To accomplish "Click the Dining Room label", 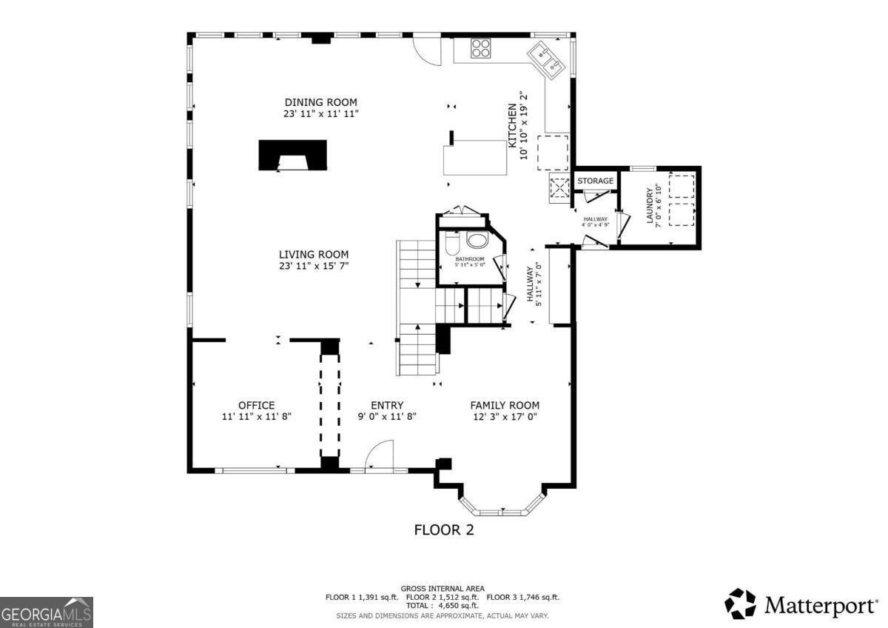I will (x=320, y=102).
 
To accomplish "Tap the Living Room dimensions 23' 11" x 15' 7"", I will (x=313, y=266).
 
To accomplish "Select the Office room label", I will (x=256, y=405).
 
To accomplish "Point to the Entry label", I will (x=386, y=405).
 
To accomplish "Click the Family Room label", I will (x=505, y=405).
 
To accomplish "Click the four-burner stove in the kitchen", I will (x=481, y=48).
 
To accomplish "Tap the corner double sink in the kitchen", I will (x=547, y=59).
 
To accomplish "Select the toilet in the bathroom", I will (x=453, y=242).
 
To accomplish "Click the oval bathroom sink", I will (x=478, y=241).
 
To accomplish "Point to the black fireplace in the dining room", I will (x=292, y=156).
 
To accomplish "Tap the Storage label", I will (x=595, y=181).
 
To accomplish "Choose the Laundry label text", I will (x=650, y=205).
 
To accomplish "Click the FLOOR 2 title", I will (x=443, y=530).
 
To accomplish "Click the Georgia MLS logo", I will (x=47, y=612).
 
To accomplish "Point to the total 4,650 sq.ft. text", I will (x=443, y=605).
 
